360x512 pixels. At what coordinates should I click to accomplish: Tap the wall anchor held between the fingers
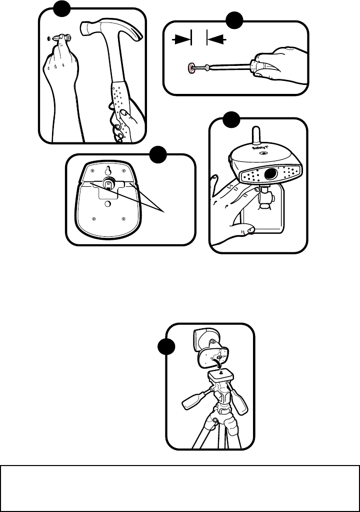point(64,38)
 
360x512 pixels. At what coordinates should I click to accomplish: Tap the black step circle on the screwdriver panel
point(234,21)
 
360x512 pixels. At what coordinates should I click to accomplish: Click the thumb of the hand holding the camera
point(246,230)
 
